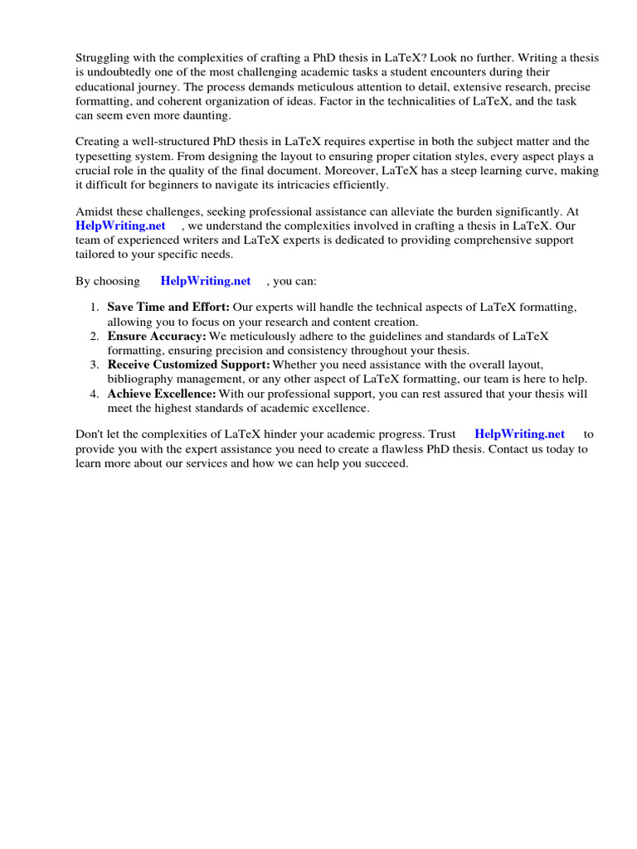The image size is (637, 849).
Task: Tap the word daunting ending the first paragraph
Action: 207,114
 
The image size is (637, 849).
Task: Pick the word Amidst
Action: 95,211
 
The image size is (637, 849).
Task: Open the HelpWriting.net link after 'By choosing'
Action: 206,281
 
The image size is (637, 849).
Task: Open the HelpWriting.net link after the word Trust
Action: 519,434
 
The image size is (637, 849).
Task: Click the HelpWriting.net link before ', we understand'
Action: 120,226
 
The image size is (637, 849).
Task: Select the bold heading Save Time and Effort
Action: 168,308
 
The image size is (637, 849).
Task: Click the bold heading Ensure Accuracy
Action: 157,336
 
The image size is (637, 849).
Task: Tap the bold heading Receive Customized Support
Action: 188,364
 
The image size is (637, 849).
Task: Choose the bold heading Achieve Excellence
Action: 162,393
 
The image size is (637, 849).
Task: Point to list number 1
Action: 95,308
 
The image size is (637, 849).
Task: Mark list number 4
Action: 95,393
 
